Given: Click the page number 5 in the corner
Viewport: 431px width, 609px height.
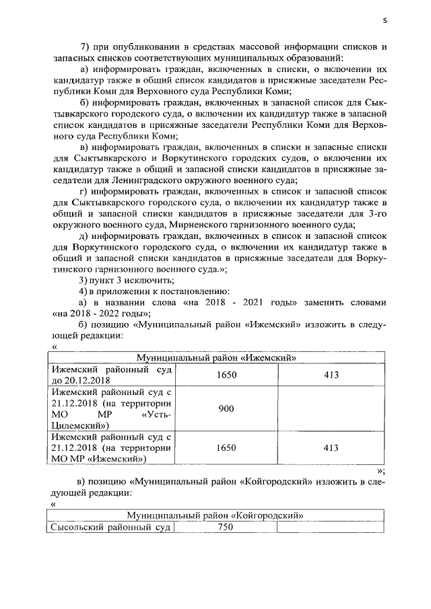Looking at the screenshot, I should pos(385,21).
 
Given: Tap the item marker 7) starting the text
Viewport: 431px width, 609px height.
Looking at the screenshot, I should pos(86,46).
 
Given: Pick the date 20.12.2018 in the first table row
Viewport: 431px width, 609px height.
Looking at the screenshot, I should pos(85,380).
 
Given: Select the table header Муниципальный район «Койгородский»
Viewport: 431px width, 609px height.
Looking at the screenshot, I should pos(216,515).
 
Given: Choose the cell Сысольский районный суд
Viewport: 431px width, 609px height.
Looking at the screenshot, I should pos(110,528).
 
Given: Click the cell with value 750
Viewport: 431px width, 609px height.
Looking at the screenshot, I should pos(226,528).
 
